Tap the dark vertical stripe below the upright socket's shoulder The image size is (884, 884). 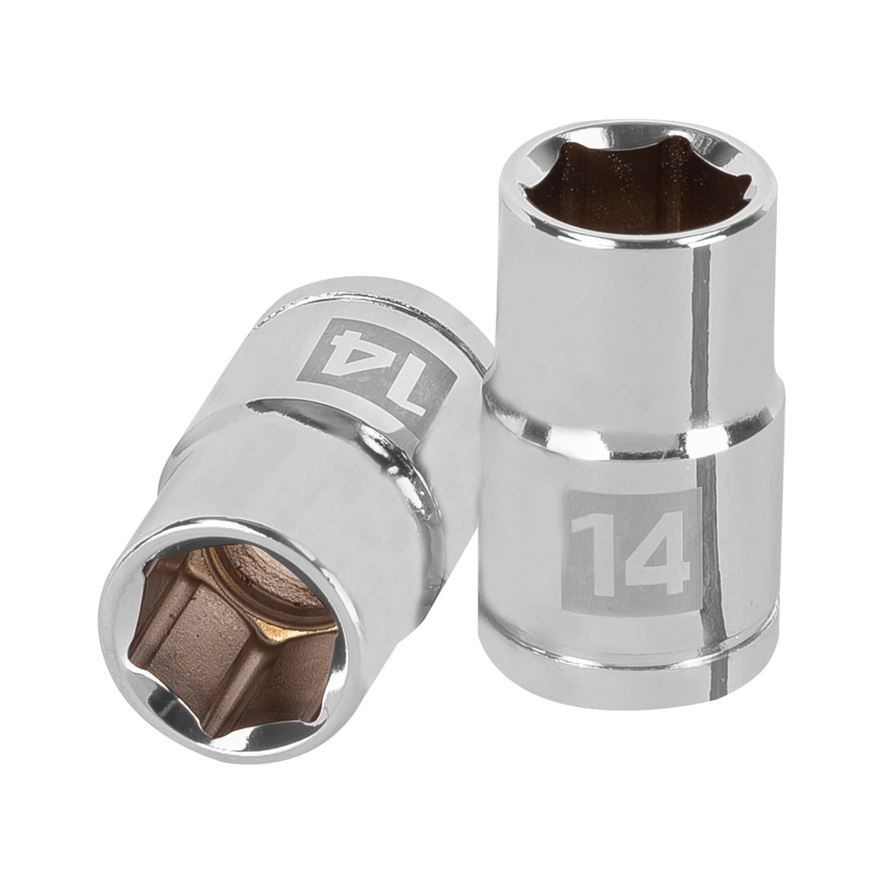click(x=710, y=552)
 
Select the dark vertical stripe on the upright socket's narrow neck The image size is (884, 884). click(x=700, y=328)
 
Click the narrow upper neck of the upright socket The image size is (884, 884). click(x=604, y=319)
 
